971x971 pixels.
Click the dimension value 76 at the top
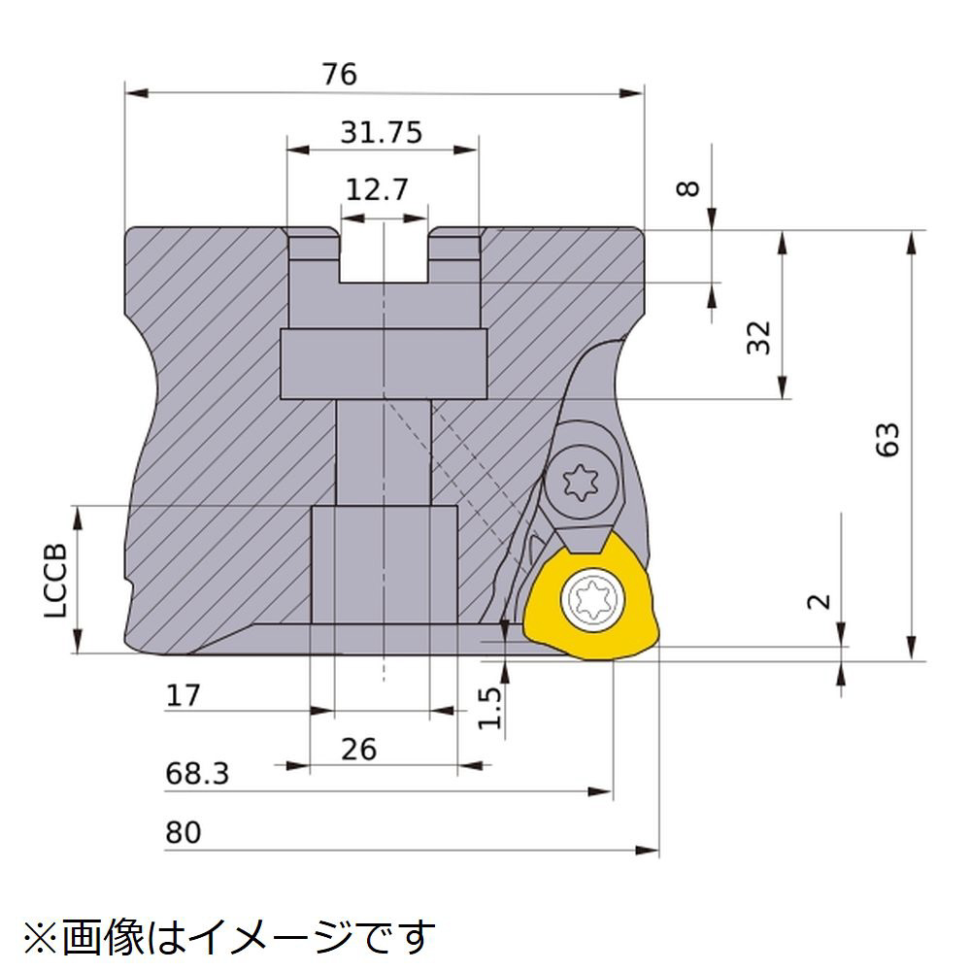tap(339, 75)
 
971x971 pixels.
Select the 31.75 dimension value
tap(382, 132)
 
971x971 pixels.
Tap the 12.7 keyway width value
tap(377, 189)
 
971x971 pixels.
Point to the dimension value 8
tap(688, 188)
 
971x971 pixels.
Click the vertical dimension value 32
tap(758, 338)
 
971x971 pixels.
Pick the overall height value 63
tap(887, 440)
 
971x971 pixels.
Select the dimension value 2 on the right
tap(820, 601)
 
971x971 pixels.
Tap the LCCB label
tap(55, 581)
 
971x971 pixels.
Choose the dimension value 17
tap(183, 695)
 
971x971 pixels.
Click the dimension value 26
tap(358, 750)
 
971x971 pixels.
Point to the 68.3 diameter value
tap(197, 774)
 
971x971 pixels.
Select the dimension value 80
tap(184, 833)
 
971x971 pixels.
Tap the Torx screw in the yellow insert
tap(592, 599)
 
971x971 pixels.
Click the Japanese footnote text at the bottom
tap(229, 937)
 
